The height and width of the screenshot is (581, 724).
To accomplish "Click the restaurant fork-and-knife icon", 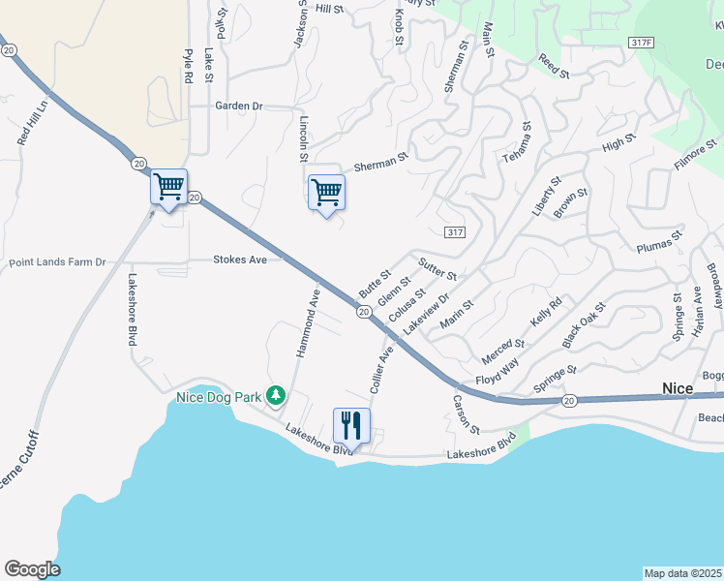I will (x=351, y=424).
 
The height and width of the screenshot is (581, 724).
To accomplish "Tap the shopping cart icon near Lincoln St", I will (x=326, y=192).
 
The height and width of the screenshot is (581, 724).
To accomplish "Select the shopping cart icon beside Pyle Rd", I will (x=168, y=186).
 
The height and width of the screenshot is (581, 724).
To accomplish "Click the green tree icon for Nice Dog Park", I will (x=277, y=394).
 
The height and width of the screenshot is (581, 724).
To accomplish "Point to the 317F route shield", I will (x=641, y=43).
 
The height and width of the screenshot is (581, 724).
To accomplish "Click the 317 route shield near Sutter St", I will (x=457, y=232).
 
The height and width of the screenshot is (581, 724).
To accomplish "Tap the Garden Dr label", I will (x=239, y=106).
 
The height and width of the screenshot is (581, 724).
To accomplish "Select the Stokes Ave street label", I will (x=240, y=260).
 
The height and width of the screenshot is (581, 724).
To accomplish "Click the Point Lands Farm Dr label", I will (x=56, y=262).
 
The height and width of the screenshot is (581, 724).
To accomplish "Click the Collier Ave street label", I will (x=381, y=369).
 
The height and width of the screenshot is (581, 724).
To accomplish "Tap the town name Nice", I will (x=678, y=387).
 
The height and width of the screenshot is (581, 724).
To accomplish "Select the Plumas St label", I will (x=659, y=241).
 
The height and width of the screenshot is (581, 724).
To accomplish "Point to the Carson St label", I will (x=468, y=414).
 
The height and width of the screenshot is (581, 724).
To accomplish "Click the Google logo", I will (x=32, y=569).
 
